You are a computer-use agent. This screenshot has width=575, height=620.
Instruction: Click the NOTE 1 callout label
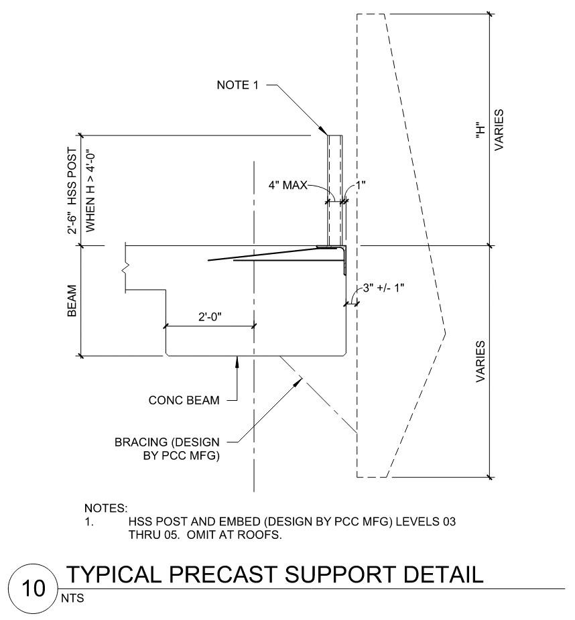pos(239,85)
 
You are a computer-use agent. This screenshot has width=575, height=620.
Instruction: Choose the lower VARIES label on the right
pos(481,362)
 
